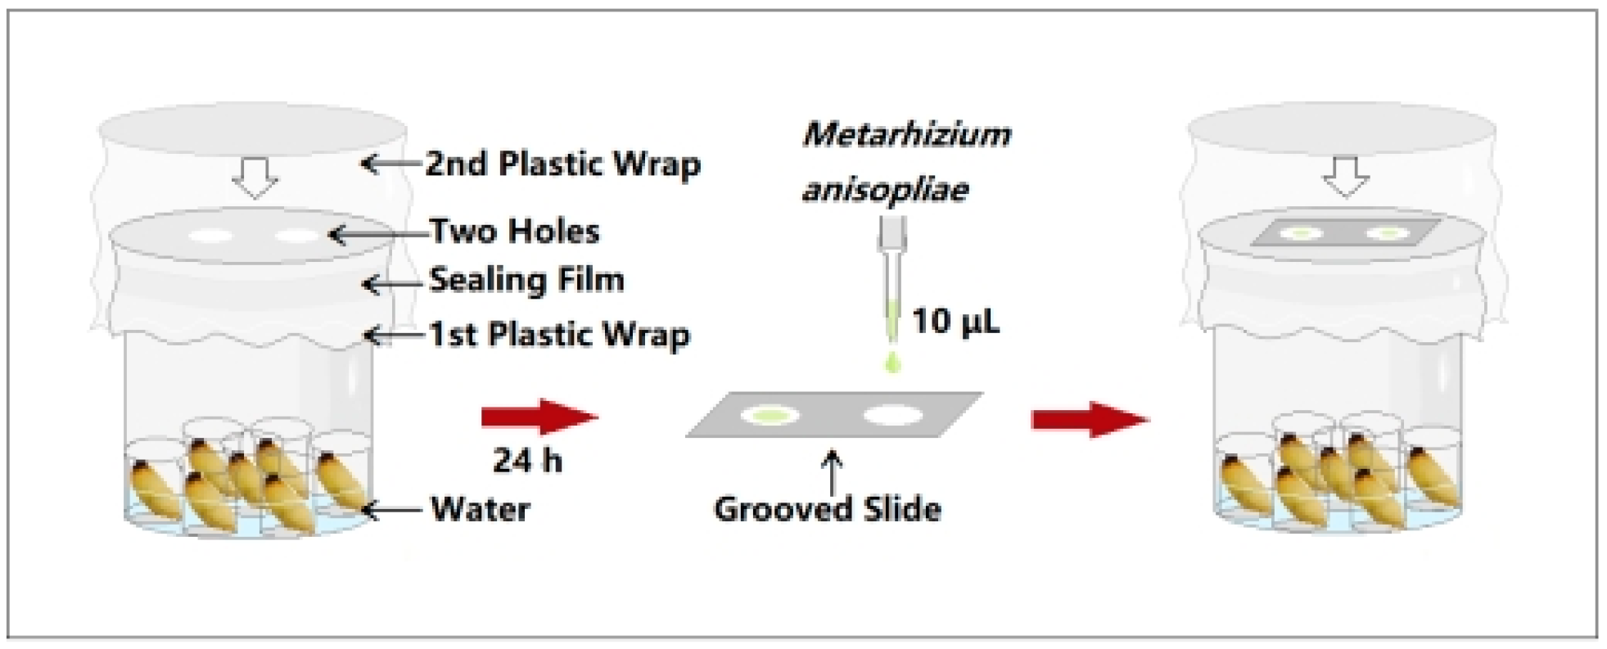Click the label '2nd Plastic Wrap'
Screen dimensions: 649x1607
(x=562, y=165)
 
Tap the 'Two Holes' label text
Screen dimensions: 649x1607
(x=514, y=232)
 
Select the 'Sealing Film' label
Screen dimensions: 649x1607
(x=526, y=280)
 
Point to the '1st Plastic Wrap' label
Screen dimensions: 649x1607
(x=559, y=335)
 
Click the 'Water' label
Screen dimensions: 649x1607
(x=481, y=509)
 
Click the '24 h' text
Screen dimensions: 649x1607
(x=527, y=461)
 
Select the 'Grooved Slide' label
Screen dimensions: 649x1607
(x=827, y=509)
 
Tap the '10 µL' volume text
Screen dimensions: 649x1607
(x=955, y=322)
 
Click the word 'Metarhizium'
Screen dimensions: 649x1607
(x=906, y=134)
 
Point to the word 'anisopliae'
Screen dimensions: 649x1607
(x=885, y=190)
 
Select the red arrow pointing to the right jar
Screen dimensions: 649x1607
(x=1090, y=419)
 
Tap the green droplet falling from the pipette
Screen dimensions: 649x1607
(x=892, y=362)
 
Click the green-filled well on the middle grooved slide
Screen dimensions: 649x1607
(x=770, y=415)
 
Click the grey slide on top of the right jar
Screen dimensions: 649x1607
(x=1345, y=233)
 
